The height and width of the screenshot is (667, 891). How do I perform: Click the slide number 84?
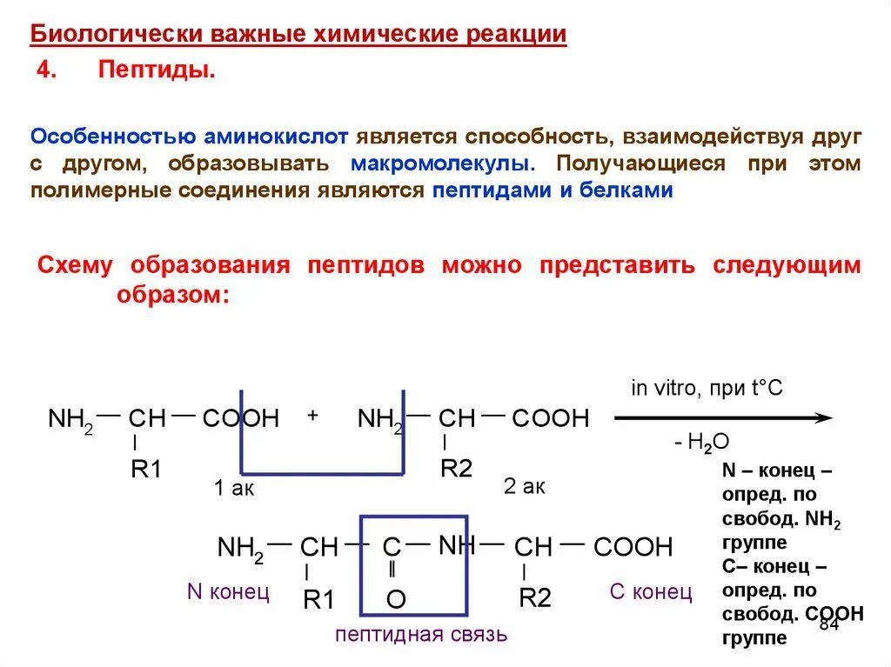[828, 626]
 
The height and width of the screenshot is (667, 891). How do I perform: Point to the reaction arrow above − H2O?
[723, 418]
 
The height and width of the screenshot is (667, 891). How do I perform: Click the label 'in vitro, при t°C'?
[707, 388]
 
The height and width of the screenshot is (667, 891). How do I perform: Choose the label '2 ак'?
[524, 487]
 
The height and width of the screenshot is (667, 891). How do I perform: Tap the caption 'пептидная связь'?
[420, 634]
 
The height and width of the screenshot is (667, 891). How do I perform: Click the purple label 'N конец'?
[228, 592]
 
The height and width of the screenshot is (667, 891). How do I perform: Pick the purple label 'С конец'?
[651, 592]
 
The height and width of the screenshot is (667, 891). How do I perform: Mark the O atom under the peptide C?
[395, 599]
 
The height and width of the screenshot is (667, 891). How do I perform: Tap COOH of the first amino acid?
[241, 419]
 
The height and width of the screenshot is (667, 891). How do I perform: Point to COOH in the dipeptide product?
[633, 548]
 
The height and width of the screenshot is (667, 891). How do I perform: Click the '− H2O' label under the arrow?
[700, 443]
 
